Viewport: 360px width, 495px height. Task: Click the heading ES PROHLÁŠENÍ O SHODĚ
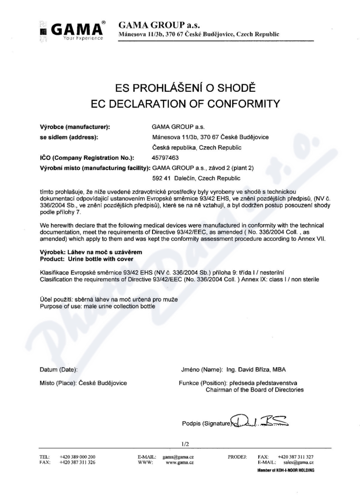point(180,88)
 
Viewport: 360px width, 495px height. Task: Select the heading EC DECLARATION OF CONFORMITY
point(180,104)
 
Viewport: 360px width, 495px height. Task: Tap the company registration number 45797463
point(166,158)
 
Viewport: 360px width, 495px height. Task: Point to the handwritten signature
point(260,421)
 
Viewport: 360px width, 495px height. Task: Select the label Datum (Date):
point(58,369)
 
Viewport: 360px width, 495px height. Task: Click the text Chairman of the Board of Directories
point(255,389)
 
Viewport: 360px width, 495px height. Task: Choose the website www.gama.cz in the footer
point(180,462)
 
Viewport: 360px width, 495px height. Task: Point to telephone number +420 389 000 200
point(77,456)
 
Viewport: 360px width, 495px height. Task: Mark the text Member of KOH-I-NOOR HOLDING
point(286,470)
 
